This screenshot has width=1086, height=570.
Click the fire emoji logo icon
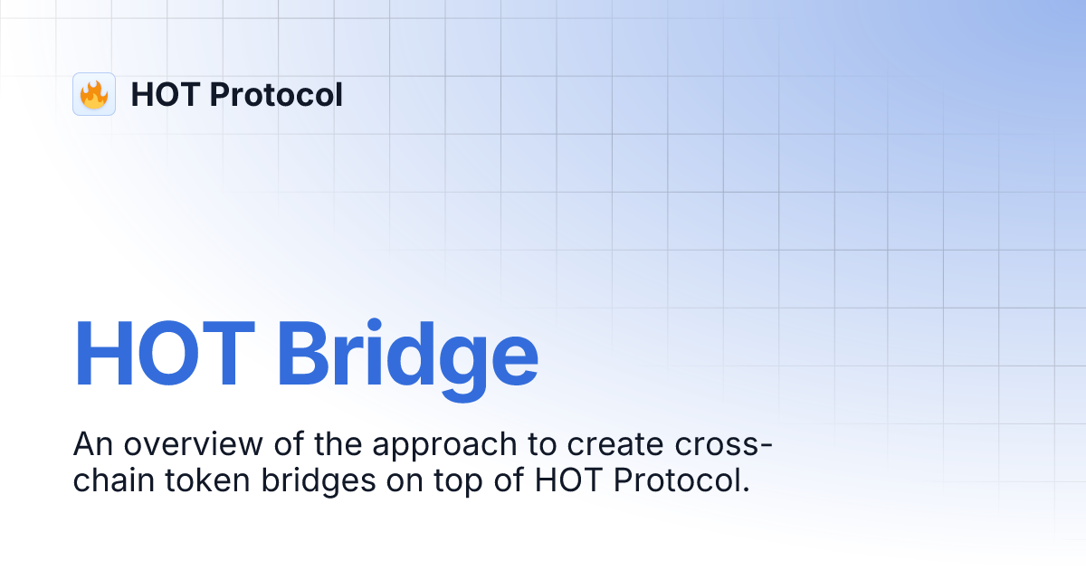(x=94, y=94)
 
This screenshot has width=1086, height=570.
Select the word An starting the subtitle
(x=91, y=445)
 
